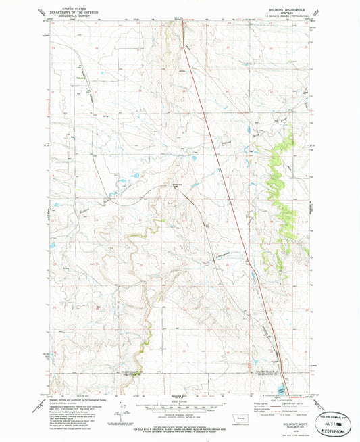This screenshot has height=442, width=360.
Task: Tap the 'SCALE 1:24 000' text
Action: pos(179,403)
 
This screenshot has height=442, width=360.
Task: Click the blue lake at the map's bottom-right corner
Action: pos(279,389)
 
